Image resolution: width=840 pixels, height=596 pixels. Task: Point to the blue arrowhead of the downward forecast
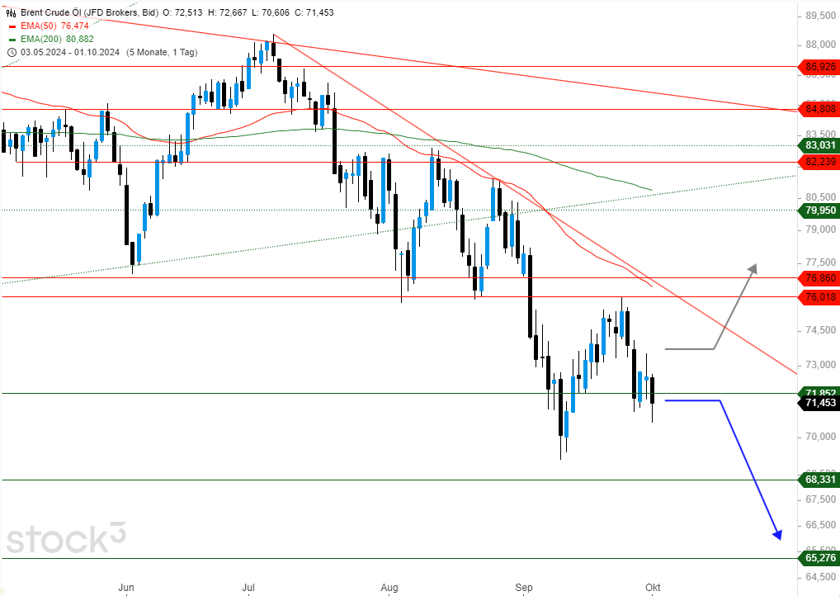coord(776,535)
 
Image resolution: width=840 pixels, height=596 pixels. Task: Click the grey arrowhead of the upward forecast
coord(753,267)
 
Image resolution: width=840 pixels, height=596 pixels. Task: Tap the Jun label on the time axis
coord(125,588)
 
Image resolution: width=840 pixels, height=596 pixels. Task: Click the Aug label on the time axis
coord(390,588)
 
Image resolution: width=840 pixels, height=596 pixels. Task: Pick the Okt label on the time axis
coord(653,588)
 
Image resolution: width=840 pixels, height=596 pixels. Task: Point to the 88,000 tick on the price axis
coord(817,45)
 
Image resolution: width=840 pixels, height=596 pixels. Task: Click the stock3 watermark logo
coord(67,537)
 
